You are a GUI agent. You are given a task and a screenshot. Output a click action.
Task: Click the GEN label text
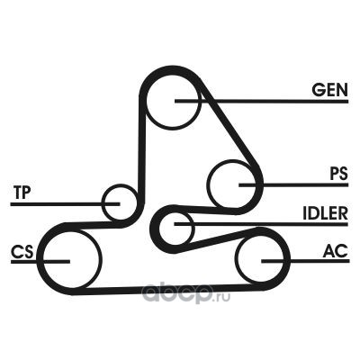329,90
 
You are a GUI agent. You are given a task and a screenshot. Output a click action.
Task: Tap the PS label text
339,174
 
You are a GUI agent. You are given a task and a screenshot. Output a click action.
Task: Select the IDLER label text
325,213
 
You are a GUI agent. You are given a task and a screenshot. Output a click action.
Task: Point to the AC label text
336,251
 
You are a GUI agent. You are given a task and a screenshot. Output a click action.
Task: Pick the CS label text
22,251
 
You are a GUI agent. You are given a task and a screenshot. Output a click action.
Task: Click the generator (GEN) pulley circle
173,101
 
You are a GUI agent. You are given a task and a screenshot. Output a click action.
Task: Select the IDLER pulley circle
175,229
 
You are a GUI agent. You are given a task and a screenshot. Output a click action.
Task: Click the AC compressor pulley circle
260,259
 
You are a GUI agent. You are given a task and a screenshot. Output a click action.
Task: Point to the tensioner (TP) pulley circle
119,202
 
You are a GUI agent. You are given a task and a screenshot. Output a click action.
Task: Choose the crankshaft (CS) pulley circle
71,260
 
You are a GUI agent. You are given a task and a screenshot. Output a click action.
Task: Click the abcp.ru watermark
186,294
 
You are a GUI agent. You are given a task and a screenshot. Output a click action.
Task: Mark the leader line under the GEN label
262,102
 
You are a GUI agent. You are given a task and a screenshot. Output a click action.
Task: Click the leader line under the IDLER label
261,224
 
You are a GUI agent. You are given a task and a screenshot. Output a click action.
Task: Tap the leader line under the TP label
65,204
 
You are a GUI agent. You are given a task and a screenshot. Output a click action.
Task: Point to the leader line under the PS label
293,184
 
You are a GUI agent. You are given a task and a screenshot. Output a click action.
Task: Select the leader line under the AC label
305,261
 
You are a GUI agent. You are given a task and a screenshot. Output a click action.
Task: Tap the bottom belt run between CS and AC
168,289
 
